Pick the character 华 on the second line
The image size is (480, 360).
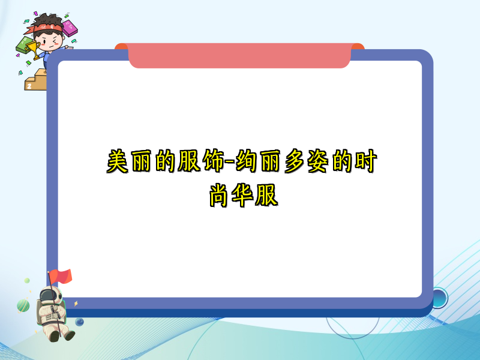point(243,195)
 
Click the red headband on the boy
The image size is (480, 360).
point(48,27)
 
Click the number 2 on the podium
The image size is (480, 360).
point(28,86)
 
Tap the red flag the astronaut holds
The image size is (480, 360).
point(61,276)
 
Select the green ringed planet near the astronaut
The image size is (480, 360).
point(23,305)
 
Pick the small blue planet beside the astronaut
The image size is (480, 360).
point(79,322)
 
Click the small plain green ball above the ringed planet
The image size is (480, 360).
point(27,280)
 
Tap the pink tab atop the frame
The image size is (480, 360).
point(239,56)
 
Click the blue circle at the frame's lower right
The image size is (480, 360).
point(439,298)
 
